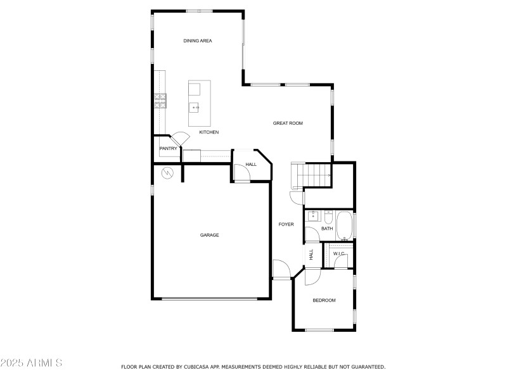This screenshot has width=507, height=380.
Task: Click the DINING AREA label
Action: [198, 41]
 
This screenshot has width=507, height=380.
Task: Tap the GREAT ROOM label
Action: [288, 123]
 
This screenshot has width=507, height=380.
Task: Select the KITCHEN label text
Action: [209, 132]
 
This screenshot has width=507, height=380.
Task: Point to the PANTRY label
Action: [168, 149]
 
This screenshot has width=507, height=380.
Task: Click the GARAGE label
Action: [210, 235]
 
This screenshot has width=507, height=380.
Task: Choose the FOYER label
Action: [286, 224]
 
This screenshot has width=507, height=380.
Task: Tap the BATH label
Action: [327, 229]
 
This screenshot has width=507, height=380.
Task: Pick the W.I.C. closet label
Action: [339, 254]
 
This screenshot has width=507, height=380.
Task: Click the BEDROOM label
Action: [324, 300]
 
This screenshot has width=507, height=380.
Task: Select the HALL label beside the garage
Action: [251, 165]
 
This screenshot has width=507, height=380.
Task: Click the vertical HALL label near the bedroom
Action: [311, 255]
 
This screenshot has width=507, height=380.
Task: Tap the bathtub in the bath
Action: [345, 226]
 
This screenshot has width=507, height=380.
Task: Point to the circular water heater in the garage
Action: [167, 172]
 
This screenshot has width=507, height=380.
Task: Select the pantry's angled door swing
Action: [179, 138]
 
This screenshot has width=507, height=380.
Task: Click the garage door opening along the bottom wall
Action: [210, 299]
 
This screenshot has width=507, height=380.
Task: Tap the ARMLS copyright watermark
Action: [31, 363]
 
